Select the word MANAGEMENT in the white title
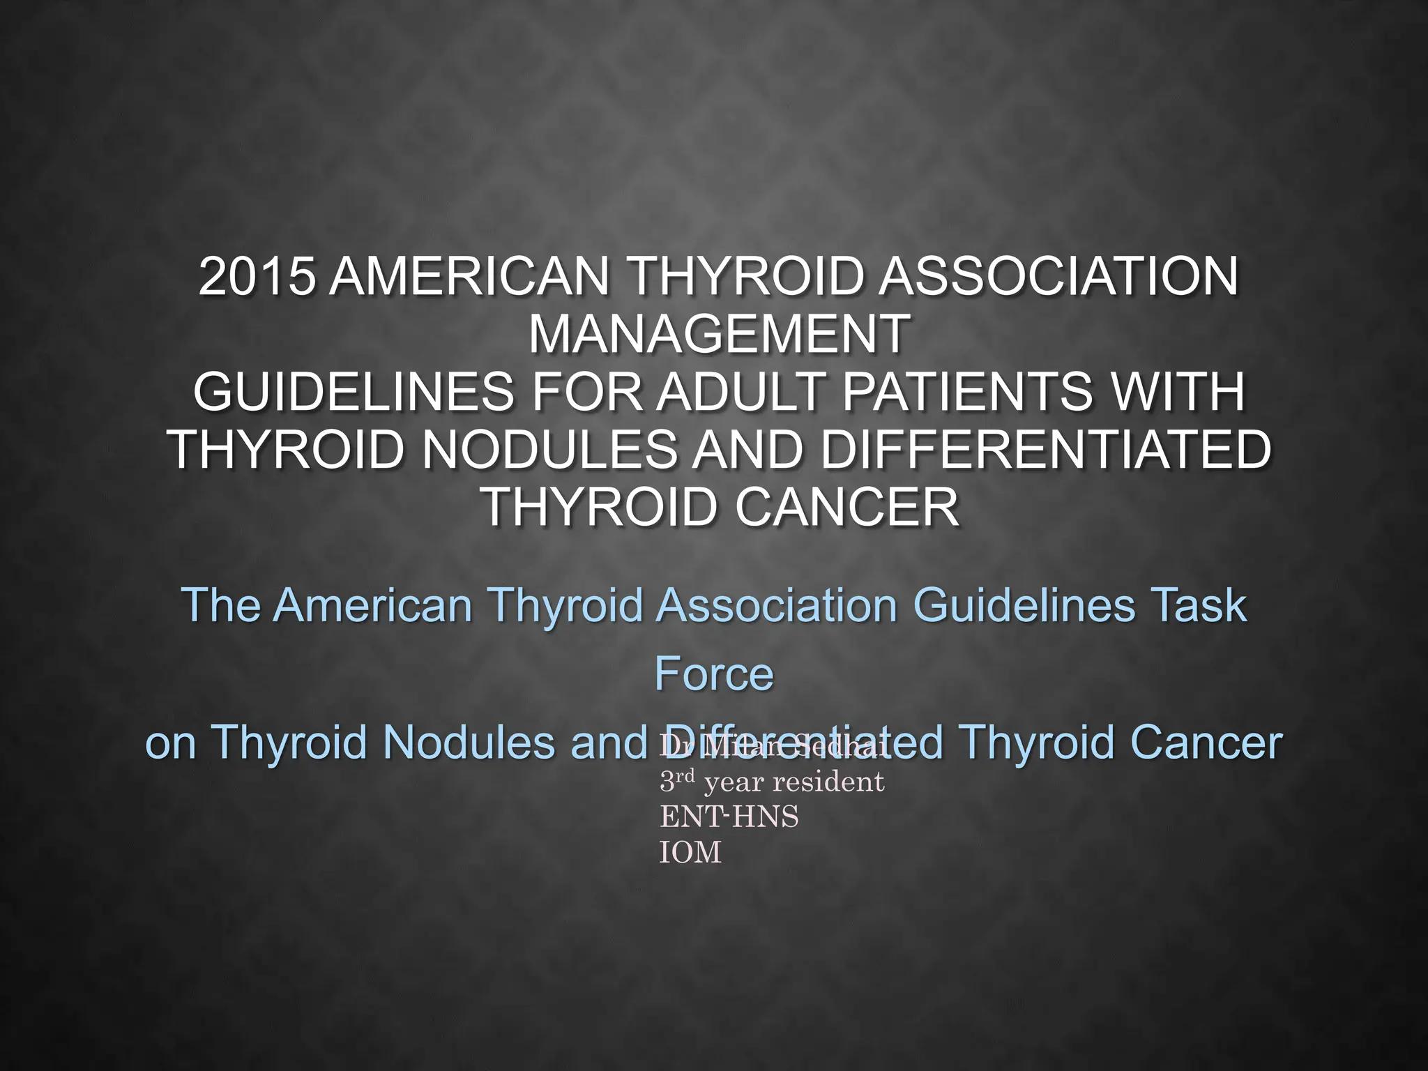718,335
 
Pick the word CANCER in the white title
846,507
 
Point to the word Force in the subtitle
714,674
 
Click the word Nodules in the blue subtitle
469,743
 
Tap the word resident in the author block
828,782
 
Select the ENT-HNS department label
729,816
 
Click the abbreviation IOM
690,853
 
